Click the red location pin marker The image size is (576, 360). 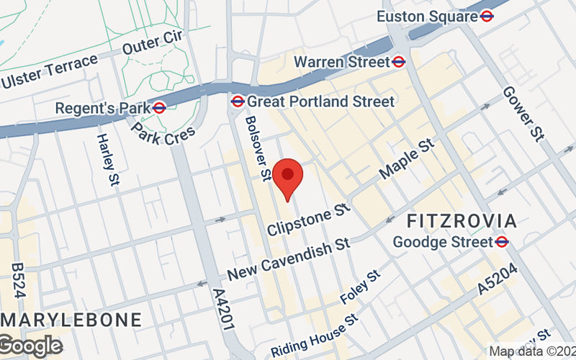coord(288,176)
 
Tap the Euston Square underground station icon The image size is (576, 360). coord(487,16)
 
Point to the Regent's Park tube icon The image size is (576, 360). coord(160,108)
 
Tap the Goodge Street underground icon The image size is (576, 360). coord(503,242)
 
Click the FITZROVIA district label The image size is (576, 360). coord(472,220)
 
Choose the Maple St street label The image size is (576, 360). coord(408,160)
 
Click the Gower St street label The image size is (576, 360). coord(522,114)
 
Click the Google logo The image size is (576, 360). coord(30,346)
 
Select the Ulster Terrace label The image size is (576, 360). coord(49,73)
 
